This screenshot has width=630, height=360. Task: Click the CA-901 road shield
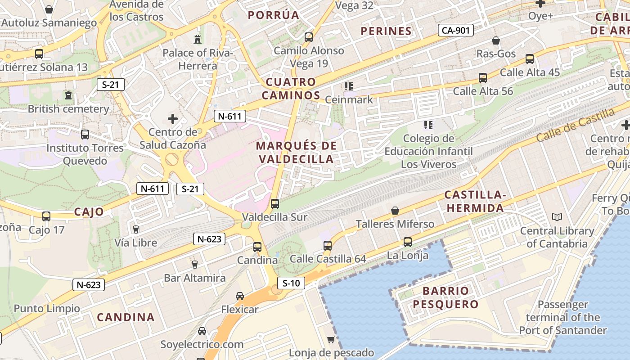[x=456, y=31]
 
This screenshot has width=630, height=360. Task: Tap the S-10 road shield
[x=291, y=283]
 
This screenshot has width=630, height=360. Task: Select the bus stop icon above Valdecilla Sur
[x=275, y=203]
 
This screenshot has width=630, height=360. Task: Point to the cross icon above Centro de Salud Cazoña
[x=173, y=119]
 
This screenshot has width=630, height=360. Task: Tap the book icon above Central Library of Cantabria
[x=557, y=217]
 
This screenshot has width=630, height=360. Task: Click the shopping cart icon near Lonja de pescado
[x=331, y=339]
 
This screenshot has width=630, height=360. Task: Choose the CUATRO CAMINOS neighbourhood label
[x=291, y=89]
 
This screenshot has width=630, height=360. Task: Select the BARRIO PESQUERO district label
[x=446, y=297]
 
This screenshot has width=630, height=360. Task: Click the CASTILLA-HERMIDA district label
[x=475, y=201]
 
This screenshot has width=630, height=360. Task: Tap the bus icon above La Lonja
[x=407, y=242]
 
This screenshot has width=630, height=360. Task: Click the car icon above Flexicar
[x=240, y=296]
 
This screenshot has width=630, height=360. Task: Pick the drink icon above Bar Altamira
[x=194, y=264]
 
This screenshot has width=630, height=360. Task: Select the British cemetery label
[x=68, y=109]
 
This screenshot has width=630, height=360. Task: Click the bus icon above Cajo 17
[x=46, y=216]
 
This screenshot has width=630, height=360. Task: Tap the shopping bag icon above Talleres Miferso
[x=395, y=210]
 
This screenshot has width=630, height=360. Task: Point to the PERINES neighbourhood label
[x=386, y=31]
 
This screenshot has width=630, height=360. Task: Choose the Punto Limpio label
[x=47, y=309]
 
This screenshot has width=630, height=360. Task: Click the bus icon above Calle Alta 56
[x=483, y=78]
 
